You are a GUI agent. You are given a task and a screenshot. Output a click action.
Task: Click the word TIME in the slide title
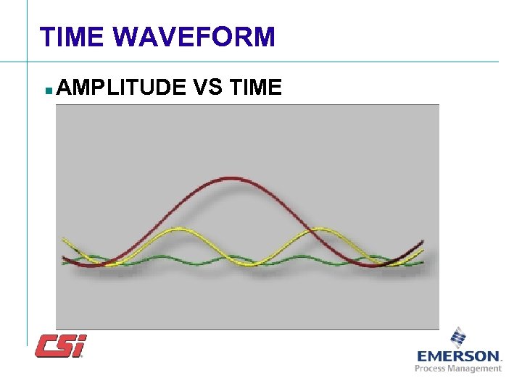pos(72,36)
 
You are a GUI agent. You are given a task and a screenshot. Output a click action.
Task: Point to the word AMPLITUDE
pos(120,88)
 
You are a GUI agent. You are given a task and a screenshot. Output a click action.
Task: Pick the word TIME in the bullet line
pos(254,88)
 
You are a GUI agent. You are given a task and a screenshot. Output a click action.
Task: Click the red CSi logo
pos(61,345)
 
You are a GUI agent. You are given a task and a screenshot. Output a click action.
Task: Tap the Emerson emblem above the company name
pos(458,337)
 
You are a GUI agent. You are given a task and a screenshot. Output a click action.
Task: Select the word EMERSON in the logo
pos(458,356)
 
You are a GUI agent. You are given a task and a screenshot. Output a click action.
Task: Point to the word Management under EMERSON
pos(476,369)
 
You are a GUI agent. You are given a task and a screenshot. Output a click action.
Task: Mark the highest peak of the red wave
pos(232,177)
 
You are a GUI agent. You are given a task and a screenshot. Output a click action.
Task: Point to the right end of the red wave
pos(423,241)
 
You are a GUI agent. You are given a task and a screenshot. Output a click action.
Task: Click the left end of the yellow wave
pos(63,237)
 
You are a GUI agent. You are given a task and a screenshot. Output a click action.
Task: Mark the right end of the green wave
pos(423,264)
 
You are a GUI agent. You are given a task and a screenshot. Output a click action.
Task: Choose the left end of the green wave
pos(63,263)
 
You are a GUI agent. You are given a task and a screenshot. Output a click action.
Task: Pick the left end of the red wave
pos(63,257)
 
